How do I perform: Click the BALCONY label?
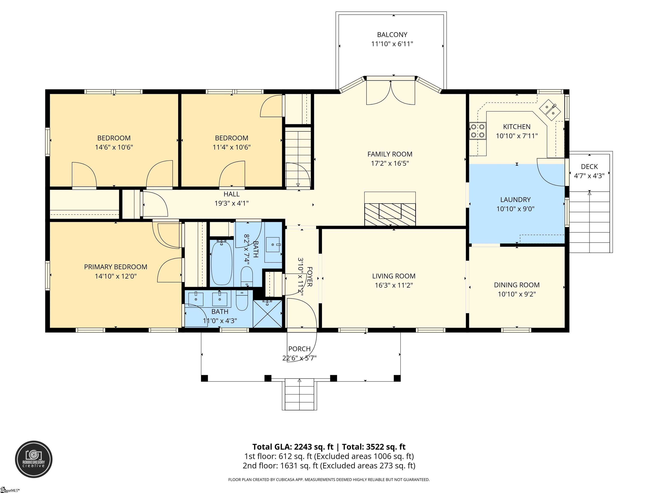click(392, 35)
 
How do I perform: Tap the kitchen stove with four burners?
click(477, 131)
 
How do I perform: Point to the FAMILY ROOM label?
click(390, 154)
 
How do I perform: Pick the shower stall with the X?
click(267, 313)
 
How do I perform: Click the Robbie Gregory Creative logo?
click(34, 459)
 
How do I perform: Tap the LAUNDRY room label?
click(516, 200)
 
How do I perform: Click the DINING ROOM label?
click(517, 285)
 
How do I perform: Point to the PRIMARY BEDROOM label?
click(116, 267)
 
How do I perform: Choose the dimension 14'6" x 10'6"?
click(114, 147)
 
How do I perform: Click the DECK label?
click(589, 167)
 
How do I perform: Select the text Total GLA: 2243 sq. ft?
click(293, 447)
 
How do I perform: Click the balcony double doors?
click(390, 92)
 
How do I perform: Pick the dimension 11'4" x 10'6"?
click(232, 147)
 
